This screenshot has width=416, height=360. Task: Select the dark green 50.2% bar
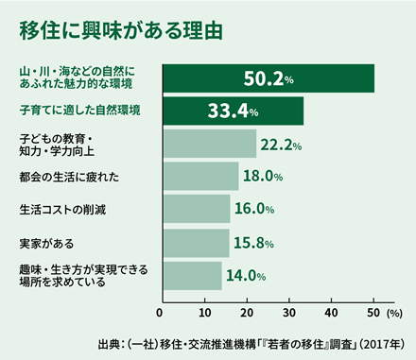(269, 77)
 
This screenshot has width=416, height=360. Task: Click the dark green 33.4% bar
(233, 111)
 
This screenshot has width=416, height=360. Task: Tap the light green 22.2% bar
(209, 144)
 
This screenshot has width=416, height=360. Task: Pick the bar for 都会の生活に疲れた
(200, 176)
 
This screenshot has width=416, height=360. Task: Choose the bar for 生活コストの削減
(196, 209)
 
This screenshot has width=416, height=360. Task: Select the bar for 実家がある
(196, 242)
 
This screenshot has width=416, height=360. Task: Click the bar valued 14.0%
(192, 275)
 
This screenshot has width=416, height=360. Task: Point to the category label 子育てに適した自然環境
(79, 111)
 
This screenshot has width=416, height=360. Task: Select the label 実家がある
(47, 242)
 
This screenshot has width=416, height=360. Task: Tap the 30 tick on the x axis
(288, 311)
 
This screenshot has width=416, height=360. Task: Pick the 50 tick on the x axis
(373, 311)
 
